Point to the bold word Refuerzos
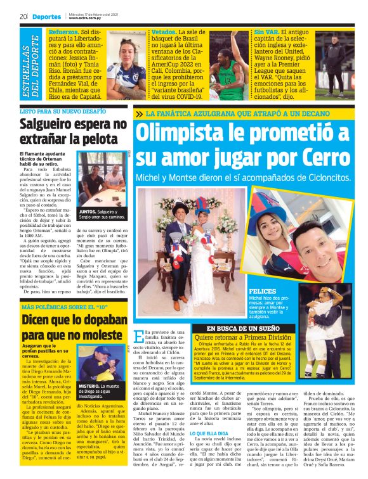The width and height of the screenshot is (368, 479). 62,30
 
